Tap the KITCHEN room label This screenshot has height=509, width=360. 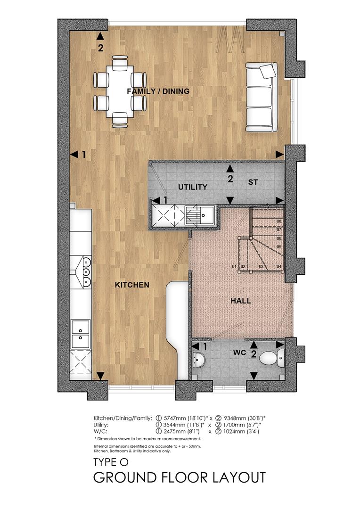pyautogui.click(x=132, y=285)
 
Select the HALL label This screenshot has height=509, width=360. pyautogui.click(x=240, y=301)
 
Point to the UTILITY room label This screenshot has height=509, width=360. pyautogui.click(x=192, y=187)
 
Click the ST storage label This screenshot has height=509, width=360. pyautogui.click(x=253, y=181)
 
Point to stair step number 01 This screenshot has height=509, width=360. pyautogui.click(x=234, y=267)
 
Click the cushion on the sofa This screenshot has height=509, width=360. pyautogui.click(x=268, y=71)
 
